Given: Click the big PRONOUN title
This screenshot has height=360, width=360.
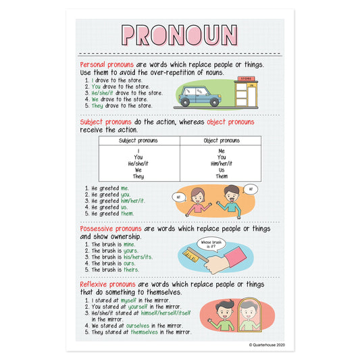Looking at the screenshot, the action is point(179,35).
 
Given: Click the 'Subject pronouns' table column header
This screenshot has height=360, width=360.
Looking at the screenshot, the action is point(138,140).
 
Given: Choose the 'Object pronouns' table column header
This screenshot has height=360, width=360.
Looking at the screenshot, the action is point(221,140).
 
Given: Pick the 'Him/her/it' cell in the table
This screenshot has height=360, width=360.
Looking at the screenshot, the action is point(221,163).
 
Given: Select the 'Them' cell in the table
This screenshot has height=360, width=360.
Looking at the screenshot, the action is point(221,176).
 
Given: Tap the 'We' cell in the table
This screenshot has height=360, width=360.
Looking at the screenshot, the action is point(138,170).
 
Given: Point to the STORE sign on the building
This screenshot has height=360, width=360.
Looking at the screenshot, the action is point(244,80).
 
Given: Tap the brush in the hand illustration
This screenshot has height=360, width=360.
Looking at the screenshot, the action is point(190,255).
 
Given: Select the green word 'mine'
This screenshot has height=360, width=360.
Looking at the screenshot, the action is point(129,244).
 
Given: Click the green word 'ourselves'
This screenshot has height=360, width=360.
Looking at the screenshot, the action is point(145,326).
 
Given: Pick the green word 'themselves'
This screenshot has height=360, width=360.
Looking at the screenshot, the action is point(149,332).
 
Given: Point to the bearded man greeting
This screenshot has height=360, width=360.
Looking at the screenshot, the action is point(232,201).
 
